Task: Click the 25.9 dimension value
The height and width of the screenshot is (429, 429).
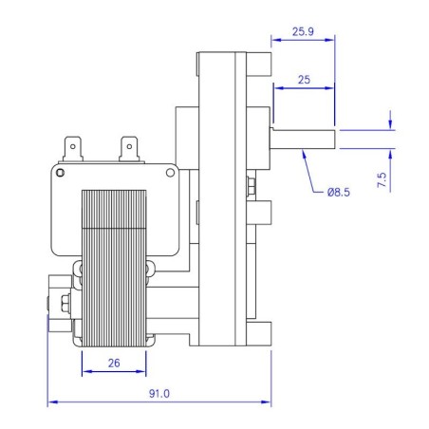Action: tap(303, 31)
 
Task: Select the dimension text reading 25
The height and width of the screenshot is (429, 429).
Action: tap(303, 81)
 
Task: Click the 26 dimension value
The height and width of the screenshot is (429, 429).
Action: tap(114, 362)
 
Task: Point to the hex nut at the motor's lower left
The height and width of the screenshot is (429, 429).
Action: tap(63, 303)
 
